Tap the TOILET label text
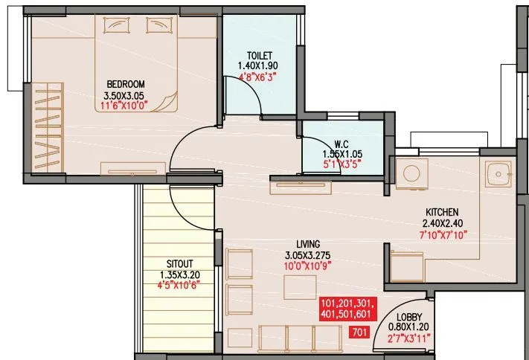click(x=260, y=54)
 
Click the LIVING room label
click(x=307, y=244)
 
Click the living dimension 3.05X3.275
click(x=307, y=254)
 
